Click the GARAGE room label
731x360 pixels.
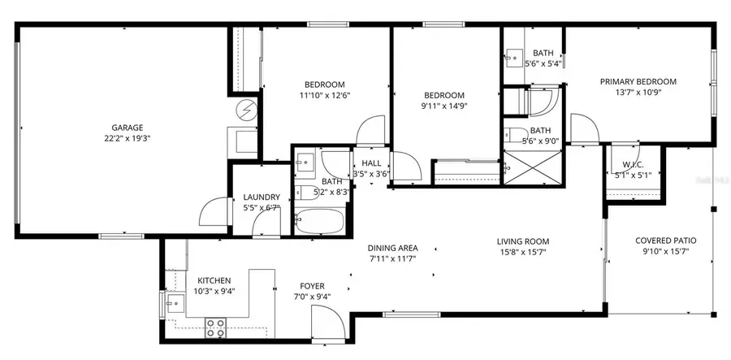click(x=128, y=128)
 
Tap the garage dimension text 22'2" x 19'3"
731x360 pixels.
click(x=128, y=138)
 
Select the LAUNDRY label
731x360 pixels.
click(x=262, y=197)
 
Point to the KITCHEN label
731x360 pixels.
click(x=214, y=280)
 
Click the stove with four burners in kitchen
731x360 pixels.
click(x=215, y=327)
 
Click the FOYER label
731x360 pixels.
click(x=312, y=286)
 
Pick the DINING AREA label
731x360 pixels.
click(x=391, y=248)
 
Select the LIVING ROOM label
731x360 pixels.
click(x=524, y=241)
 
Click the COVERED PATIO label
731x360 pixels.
click(x=665, y=241)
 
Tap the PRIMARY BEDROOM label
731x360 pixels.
click(x=638, y=81)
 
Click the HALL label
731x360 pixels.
click(x=371, y=163)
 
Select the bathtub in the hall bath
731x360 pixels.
click(x=319, y=220)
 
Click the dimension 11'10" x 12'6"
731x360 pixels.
click(x=324, y=95)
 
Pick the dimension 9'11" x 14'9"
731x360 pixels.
click(x=444, y=105)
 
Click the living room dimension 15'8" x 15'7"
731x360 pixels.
click(x=524, y=252)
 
